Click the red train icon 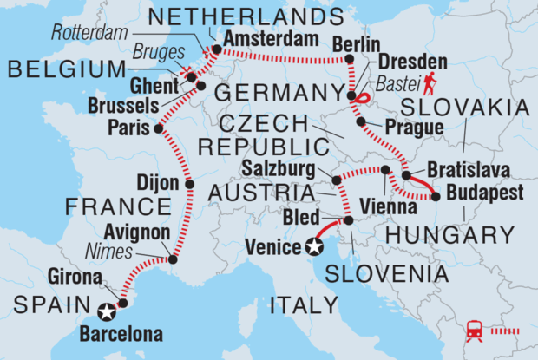coord(476,331)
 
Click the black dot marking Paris coord(158,128)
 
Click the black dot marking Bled coord(348,221)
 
